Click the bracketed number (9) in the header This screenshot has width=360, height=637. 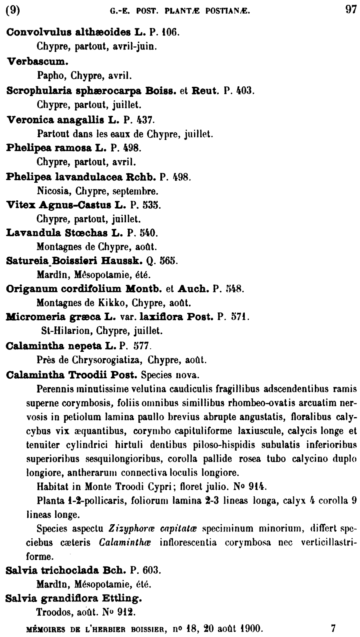pyautogui.click(x=13, y=10)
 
